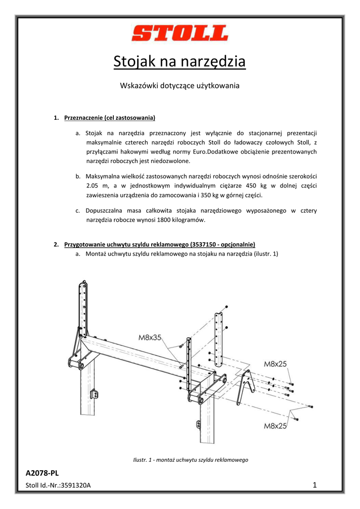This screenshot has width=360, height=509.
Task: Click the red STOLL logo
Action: [180, 34]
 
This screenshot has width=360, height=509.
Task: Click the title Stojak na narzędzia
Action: [180, 62]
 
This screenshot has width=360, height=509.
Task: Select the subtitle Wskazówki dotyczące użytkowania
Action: [180, 85]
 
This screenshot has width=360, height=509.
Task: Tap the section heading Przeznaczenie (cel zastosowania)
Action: [110, 118]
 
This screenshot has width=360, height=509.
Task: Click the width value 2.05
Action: [92, 185]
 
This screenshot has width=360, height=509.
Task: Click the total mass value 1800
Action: [165, 220]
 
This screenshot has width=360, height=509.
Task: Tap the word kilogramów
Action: [189, 220]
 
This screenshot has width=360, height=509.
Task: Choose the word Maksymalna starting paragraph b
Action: [103, 176]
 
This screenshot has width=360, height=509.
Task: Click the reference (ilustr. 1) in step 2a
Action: [266, 254]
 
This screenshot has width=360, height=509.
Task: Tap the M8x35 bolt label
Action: [150, 338]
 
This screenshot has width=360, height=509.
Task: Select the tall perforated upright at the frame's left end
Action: [83, 308]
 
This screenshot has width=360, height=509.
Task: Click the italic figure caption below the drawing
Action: [191, 460]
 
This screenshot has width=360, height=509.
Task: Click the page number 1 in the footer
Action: [315, 485]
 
